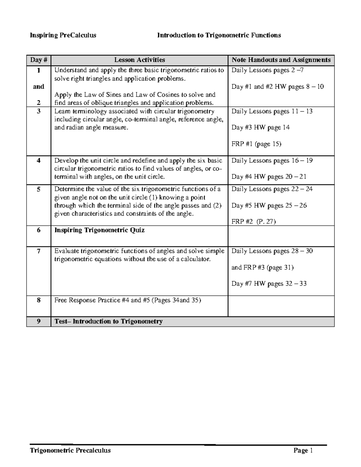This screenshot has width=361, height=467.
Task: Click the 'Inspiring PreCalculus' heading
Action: point(63,35)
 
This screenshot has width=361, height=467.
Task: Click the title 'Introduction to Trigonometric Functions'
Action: point(219,35)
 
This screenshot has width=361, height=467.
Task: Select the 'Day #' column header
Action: point(39,60)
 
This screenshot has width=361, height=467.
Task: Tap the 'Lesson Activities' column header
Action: point(139,60)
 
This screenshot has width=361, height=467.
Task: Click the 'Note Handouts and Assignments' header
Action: point(281,60)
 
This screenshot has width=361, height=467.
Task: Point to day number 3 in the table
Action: point(39,111)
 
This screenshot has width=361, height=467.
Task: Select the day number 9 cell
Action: point(39,321)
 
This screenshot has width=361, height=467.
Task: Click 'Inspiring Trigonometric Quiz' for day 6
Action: point(99,230)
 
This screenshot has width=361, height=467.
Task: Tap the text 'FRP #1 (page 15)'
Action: point(256,144)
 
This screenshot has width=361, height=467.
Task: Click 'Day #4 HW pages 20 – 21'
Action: point(269,177)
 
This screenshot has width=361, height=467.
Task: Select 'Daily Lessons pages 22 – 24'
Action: point(272,189)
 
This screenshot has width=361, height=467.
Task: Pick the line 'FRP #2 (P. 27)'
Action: point(254,222)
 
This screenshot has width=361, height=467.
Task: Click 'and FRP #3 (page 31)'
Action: point(262,267)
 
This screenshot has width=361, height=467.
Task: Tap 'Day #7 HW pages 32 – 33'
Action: point(269,284)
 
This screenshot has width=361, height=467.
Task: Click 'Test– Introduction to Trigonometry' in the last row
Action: point(109,321)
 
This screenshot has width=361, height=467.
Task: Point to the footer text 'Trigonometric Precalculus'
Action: point(70,450)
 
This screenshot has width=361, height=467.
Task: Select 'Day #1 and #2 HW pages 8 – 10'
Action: point(277,87)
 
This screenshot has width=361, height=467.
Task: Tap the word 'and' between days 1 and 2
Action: point(39,87)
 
